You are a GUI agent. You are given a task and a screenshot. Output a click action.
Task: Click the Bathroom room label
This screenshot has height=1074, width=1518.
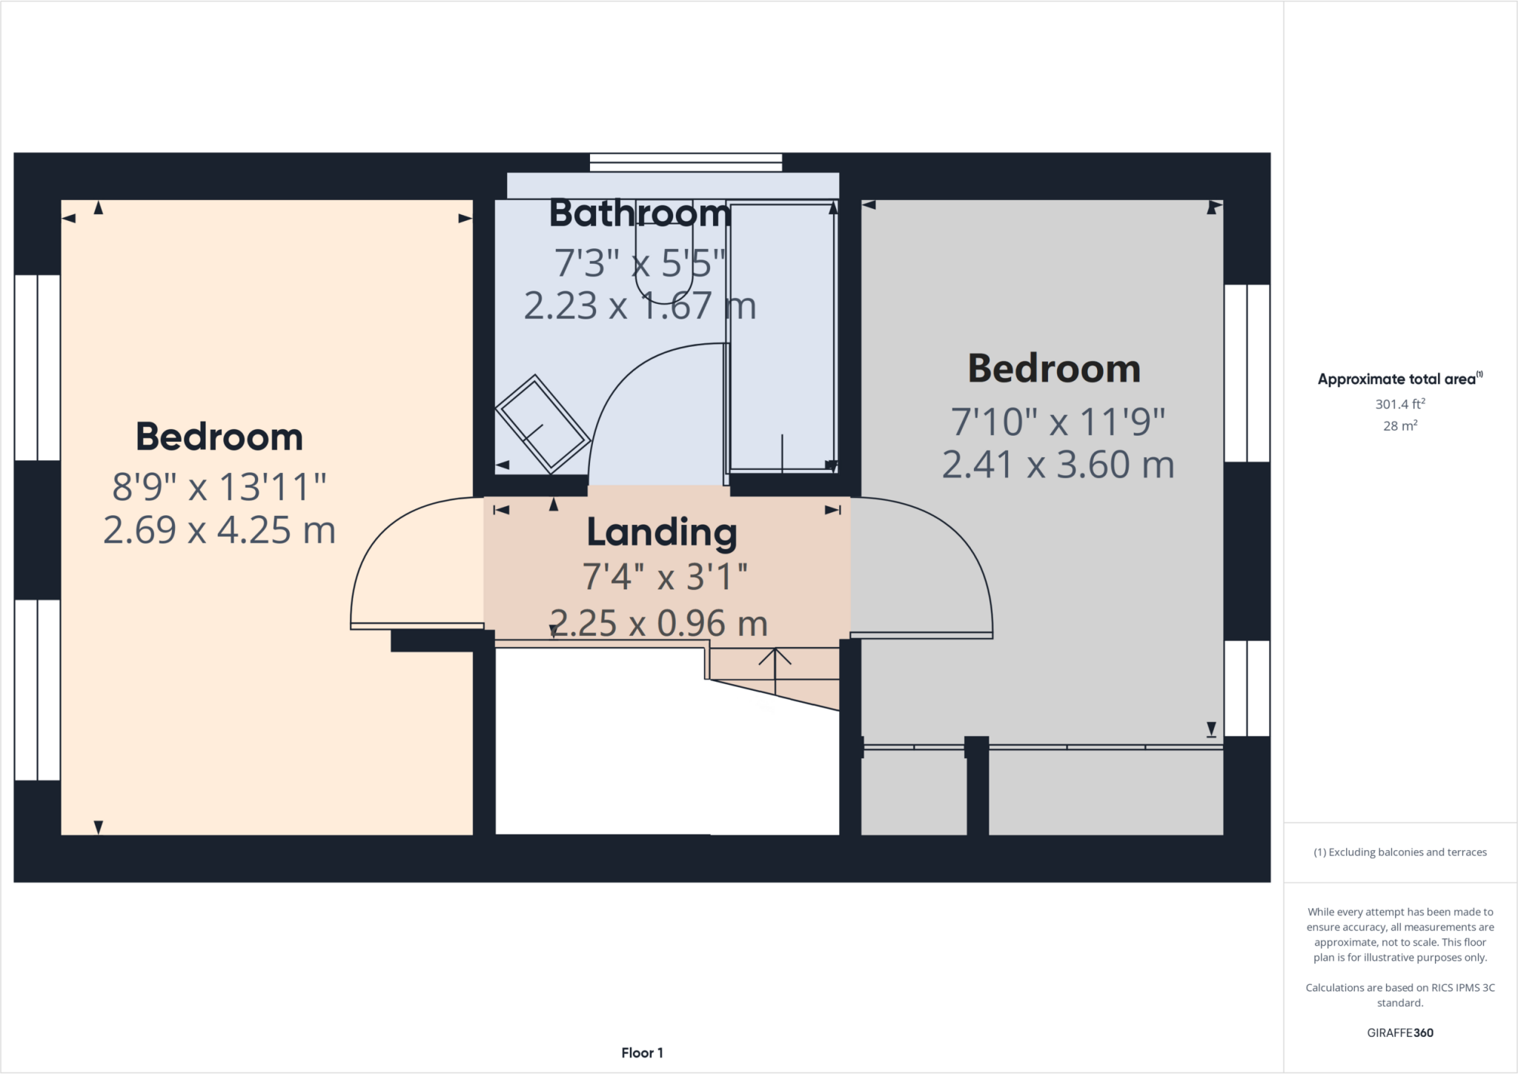(640, 214)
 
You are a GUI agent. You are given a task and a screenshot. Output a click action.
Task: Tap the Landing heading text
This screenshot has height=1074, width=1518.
(662, 533)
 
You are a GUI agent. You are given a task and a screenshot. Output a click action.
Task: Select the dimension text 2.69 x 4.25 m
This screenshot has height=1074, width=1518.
(219, 531)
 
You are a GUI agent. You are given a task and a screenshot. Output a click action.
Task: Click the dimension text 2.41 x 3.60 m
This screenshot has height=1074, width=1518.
(1058, 465)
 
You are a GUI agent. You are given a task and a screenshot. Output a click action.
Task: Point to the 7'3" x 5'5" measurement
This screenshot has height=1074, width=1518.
(640, 263)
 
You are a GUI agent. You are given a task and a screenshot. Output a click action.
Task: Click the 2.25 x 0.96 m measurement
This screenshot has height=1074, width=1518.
(658, 623)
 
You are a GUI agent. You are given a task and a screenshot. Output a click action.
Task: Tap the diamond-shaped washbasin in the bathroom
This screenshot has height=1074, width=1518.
(543, 425)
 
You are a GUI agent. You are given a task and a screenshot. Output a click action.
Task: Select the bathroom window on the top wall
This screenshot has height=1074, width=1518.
(686, 162)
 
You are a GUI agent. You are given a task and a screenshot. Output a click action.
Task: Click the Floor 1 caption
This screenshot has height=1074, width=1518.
(642, 1053)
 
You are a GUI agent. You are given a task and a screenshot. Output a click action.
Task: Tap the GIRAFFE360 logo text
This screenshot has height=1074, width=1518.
(1399, 1032)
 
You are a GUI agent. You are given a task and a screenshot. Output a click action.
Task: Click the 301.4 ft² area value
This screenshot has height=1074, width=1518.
(1399, 404)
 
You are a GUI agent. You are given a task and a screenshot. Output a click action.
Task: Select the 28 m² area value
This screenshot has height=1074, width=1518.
(1399, 425)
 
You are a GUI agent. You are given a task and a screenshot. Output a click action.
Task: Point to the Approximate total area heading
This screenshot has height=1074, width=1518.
(1397, 379)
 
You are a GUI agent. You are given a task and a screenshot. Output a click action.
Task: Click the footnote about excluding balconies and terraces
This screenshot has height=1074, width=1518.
(1399, 852)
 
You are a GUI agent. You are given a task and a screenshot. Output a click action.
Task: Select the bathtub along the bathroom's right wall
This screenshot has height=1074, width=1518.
(783, 337)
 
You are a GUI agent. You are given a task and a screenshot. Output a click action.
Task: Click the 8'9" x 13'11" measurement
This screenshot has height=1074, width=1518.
(219, 488)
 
